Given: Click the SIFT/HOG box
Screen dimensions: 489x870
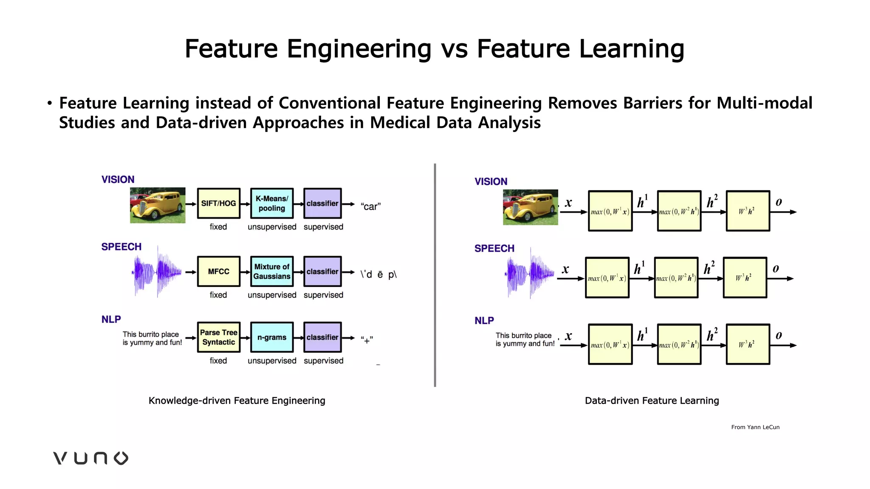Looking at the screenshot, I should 218,203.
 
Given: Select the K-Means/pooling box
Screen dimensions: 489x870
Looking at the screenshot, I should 272,203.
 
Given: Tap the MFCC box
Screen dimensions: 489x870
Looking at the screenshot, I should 218,271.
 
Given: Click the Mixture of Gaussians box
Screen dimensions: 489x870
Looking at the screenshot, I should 272,271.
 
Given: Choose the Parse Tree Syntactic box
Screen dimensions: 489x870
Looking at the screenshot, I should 218,337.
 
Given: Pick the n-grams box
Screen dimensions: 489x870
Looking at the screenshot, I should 272,337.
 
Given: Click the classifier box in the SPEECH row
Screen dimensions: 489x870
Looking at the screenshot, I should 322,271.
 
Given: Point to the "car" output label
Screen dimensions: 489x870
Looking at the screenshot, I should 370,207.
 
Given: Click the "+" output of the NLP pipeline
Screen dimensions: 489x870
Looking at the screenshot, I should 367,340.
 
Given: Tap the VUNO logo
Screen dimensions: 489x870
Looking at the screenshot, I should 90,458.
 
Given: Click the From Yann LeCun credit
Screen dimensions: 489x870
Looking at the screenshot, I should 755,427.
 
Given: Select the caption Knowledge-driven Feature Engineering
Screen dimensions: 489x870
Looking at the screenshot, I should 237,400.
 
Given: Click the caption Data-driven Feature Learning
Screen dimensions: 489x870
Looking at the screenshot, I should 652,400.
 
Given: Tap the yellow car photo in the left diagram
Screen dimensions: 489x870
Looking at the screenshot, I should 158,205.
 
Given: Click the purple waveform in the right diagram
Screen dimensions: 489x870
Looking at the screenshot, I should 530,273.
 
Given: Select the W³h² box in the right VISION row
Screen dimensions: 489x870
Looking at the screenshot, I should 748,211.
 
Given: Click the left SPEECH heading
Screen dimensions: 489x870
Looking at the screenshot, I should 121,247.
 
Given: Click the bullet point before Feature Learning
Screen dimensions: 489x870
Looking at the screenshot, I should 50,103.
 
